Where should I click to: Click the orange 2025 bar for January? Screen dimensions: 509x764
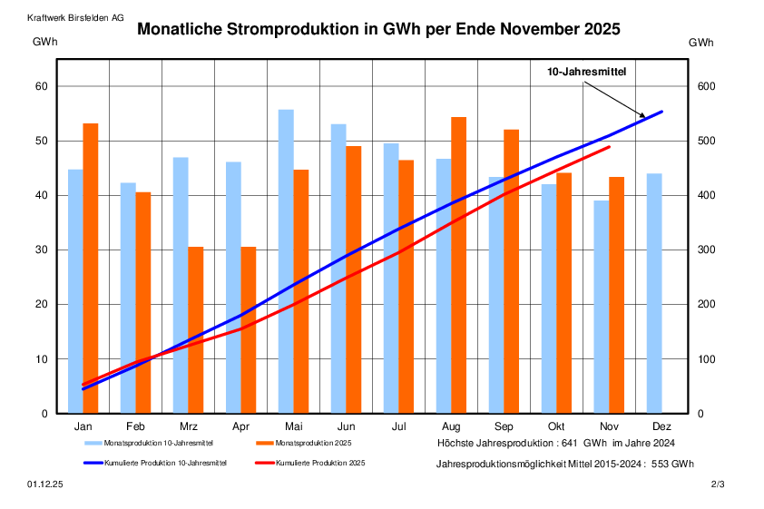tap(91, 269)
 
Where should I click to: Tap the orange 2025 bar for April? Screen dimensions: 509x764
tap(249, 330)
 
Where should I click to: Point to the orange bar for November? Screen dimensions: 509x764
tap(616, 295)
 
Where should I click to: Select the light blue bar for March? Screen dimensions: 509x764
tap(181, 285)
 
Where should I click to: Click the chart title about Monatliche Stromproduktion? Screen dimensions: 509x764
tap(378, 29)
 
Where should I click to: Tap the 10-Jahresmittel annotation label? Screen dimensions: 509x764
tap(585, 71)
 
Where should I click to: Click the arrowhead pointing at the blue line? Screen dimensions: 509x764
tap(643, 116)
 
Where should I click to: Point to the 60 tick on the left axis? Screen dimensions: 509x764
tap(40, 87)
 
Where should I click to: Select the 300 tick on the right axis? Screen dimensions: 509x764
tap(706, 250)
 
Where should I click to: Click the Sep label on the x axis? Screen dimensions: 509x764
tap(504, 426)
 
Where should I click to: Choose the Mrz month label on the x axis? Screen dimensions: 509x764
tap(188, 426)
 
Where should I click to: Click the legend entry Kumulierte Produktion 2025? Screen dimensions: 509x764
tap(319, 463)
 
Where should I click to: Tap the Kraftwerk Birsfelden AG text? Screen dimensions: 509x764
tap(76, 17)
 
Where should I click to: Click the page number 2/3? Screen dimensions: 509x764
tap(718, 486)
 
